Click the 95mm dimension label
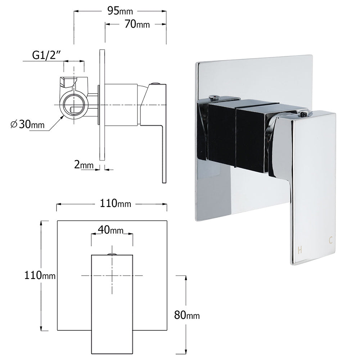(x=118, y=11)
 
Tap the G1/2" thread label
(x=46, y=55)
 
